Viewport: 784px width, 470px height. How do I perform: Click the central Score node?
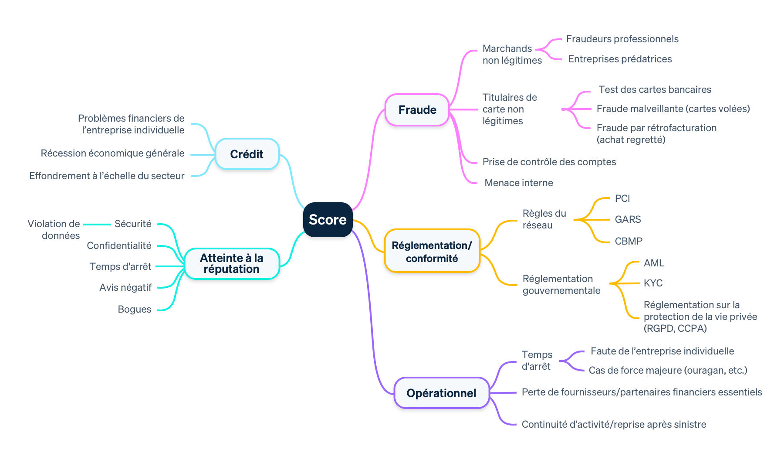pyautogui.click(x=328, y=220)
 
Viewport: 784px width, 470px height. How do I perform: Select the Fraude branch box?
pyautogui.click(x=417, y=110)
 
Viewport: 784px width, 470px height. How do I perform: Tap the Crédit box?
pyautogui.click(x=247, y=154)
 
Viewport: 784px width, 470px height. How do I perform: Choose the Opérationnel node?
pyautogui.click(x=441, y=393)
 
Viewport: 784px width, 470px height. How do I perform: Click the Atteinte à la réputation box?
pyautogui.click(x=232, y=264)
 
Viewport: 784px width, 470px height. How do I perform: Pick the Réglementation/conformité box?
pyautogui.click(x=432, y=252)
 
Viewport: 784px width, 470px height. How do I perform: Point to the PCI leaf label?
pyautogui.click(x=622, y=199)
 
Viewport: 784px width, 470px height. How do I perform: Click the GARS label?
pyautogui.click(x=628, y=219)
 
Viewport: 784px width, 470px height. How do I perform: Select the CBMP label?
pyautogui.click(x=629, y=241)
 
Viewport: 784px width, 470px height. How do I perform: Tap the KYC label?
pyautogui.click(x=653, y=283)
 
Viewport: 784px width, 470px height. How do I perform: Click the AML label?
pyautogui.click(x=654, y=263)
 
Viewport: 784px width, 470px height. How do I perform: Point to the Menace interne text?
pyautogui.click(x=518, y=183)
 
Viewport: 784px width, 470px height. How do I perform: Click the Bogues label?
pyautogui.click(x=135, y=310)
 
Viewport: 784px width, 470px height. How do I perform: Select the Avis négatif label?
pyautogui.click(x=125, y=288)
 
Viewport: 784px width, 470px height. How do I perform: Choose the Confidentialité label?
pyautogui.click(x=119, y=246)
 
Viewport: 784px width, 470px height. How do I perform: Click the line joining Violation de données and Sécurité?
pyautogui.click(x=97, y=225)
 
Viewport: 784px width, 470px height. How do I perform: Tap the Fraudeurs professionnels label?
pyautogui.click(x=622, y=39)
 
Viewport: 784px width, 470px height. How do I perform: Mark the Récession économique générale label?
pyautogui.click(x=112, y=153)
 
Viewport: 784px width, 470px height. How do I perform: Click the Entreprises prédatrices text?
pyautogui.click(x=620, y=59)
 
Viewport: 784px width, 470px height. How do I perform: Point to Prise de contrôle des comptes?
pyautogui.click(x=549, y=162)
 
